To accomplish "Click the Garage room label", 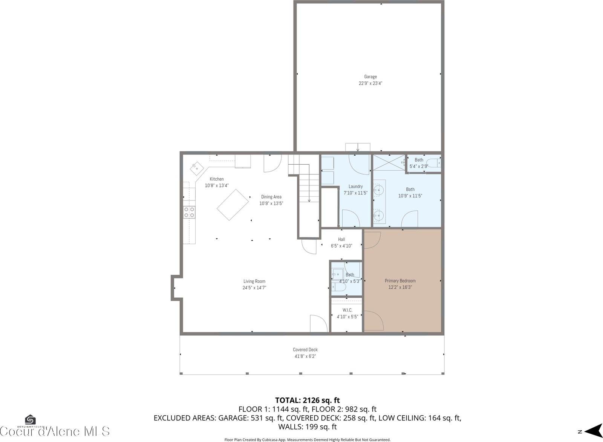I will point(370,76).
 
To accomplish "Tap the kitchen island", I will point(233,205).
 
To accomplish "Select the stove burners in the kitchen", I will point(189,212).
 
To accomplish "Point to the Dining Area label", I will point(271,197).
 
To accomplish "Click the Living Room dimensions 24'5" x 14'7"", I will point(254,288).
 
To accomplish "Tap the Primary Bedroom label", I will point(400,281).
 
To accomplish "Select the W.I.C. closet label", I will point(347,310).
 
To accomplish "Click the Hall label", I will point(341,239).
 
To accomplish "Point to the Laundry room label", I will point(355,186).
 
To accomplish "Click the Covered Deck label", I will point(305,350).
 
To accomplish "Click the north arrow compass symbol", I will point(592,431).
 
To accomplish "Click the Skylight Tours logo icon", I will point(30,420).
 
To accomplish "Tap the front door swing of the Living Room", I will point(318,324).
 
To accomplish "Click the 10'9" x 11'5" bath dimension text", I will point(410,196).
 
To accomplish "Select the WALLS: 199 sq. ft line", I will point(307,427).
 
